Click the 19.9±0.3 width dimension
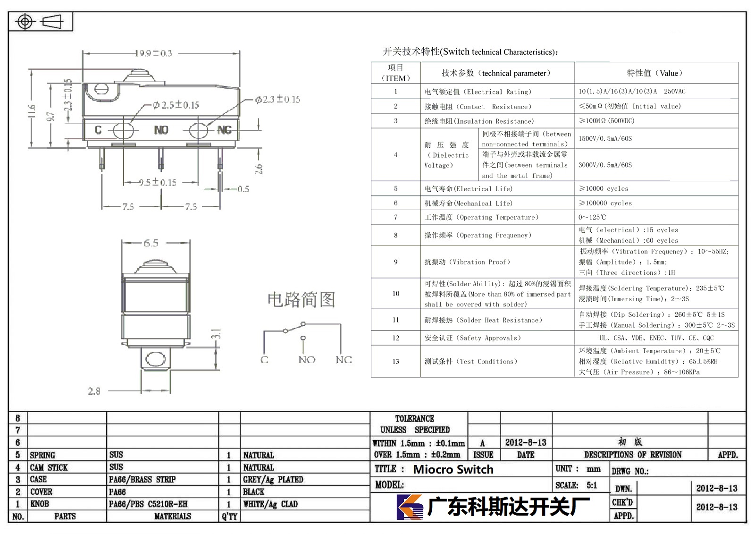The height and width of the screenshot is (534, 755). pyautogui.click(x=153, y=53)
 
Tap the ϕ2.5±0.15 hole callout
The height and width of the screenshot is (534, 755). pyautogui.click(x=176, y=105)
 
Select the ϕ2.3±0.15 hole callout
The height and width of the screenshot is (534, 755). pyautogui.click(x=277, y=99)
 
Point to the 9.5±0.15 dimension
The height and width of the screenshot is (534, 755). pyautogui.click(x=158, y=183)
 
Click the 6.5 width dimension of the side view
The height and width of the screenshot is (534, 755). pyautogui.click(x=151, y=243)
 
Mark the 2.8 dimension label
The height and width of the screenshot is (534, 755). pyautogui.click(x=94, y=391)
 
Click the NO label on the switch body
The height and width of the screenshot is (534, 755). pyautogui.click(x=161, y=130)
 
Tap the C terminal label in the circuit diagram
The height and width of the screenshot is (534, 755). pyautogui.click(x=264, y=360)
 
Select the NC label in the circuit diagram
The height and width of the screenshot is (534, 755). pyautogui.click(x=344, y=360)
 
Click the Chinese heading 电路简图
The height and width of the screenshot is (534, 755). pyautogui.click(x=302, y=299)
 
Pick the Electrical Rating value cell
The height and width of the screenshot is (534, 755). pyautogui.click(x=632, y=92)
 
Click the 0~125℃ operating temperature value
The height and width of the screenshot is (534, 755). pyautogui.click(x=592, y=217)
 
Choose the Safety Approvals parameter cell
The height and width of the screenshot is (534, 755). pyautogui.click(x=472, y=338)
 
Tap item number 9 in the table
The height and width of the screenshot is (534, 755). pyautogui.click(x=396, y=262)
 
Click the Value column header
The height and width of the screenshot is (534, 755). pyautogui.click(x=655, y=73)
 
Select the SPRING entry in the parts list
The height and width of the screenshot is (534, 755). pyautogui.click(x=42, y=455)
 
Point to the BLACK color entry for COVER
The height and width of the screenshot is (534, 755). pyautogui.click(x=254, y=492)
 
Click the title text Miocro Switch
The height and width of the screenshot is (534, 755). pyautogui.click(x=453, y=469)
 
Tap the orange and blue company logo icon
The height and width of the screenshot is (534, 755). pyautogui.click(x=410, y=507)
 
